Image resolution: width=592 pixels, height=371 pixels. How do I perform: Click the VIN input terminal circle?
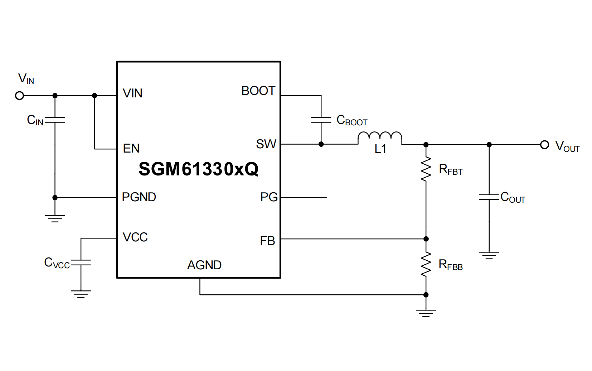click(x=20, y=96)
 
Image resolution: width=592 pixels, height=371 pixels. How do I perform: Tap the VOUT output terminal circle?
click(x=544, y=145)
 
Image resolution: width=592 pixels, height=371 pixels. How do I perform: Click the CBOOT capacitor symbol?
click(x=321, y=120)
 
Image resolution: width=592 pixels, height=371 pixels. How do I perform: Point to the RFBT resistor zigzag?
click(x=426, y=169)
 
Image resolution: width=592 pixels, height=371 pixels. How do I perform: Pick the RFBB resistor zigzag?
click(x=426, y=264)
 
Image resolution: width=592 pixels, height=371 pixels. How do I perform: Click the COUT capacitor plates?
click(x=489, y=197)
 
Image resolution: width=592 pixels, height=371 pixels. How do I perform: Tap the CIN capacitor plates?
click(x=55, y=120)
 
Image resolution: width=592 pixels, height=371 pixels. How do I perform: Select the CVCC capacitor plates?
click(x=81, y=262)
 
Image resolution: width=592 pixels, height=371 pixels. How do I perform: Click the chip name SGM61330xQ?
click(x=198, y=169)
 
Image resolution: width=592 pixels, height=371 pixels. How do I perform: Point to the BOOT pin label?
click(x=258, y=91)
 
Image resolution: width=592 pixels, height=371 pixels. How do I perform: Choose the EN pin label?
click(x=131, y=148)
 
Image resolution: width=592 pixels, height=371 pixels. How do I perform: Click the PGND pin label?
click(x=139, y=197)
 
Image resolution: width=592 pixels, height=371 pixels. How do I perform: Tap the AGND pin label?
click(x=204, y=265)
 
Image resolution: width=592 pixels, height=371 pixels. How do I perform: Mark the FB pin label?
click(x=267, y=241)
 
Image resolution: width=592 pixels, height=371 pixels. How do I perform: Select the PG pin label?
click(x=269, y=197)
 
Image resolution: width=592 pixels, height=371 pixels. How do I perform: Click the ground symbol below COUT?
click(x=489, y=255)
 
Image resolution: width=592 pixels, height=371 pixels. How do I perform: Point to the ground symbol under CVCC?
click(x=81, y=294)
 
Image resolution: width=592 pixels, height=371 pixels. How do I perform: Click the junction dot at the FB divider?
click(x=426, y=239)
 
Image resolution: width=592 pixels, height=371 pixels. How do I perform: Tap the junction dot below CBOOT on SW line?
click(x=321, y=144)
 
